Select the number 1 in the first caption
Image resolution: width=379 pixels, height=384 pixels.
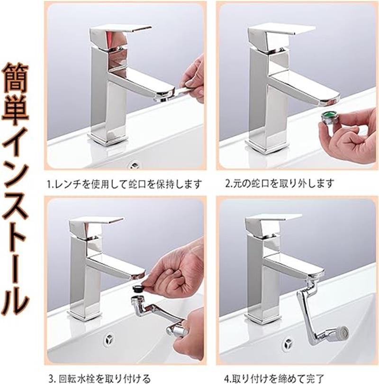[x=49, y=184]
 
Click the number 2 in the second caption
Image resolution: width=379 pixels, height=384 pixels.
[x=227, y=183]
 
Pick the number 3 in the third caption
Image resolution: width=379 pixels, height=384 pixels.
[x=51, y=379]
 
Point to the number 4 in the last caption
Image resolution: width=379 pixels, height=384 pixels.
[x=227, y=378]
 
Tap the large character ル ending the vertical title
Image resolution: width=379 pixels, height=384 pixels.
[x=15, y=301]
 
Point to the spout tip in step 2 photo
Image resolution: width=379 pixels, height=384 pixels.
[x=330, y=99]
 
